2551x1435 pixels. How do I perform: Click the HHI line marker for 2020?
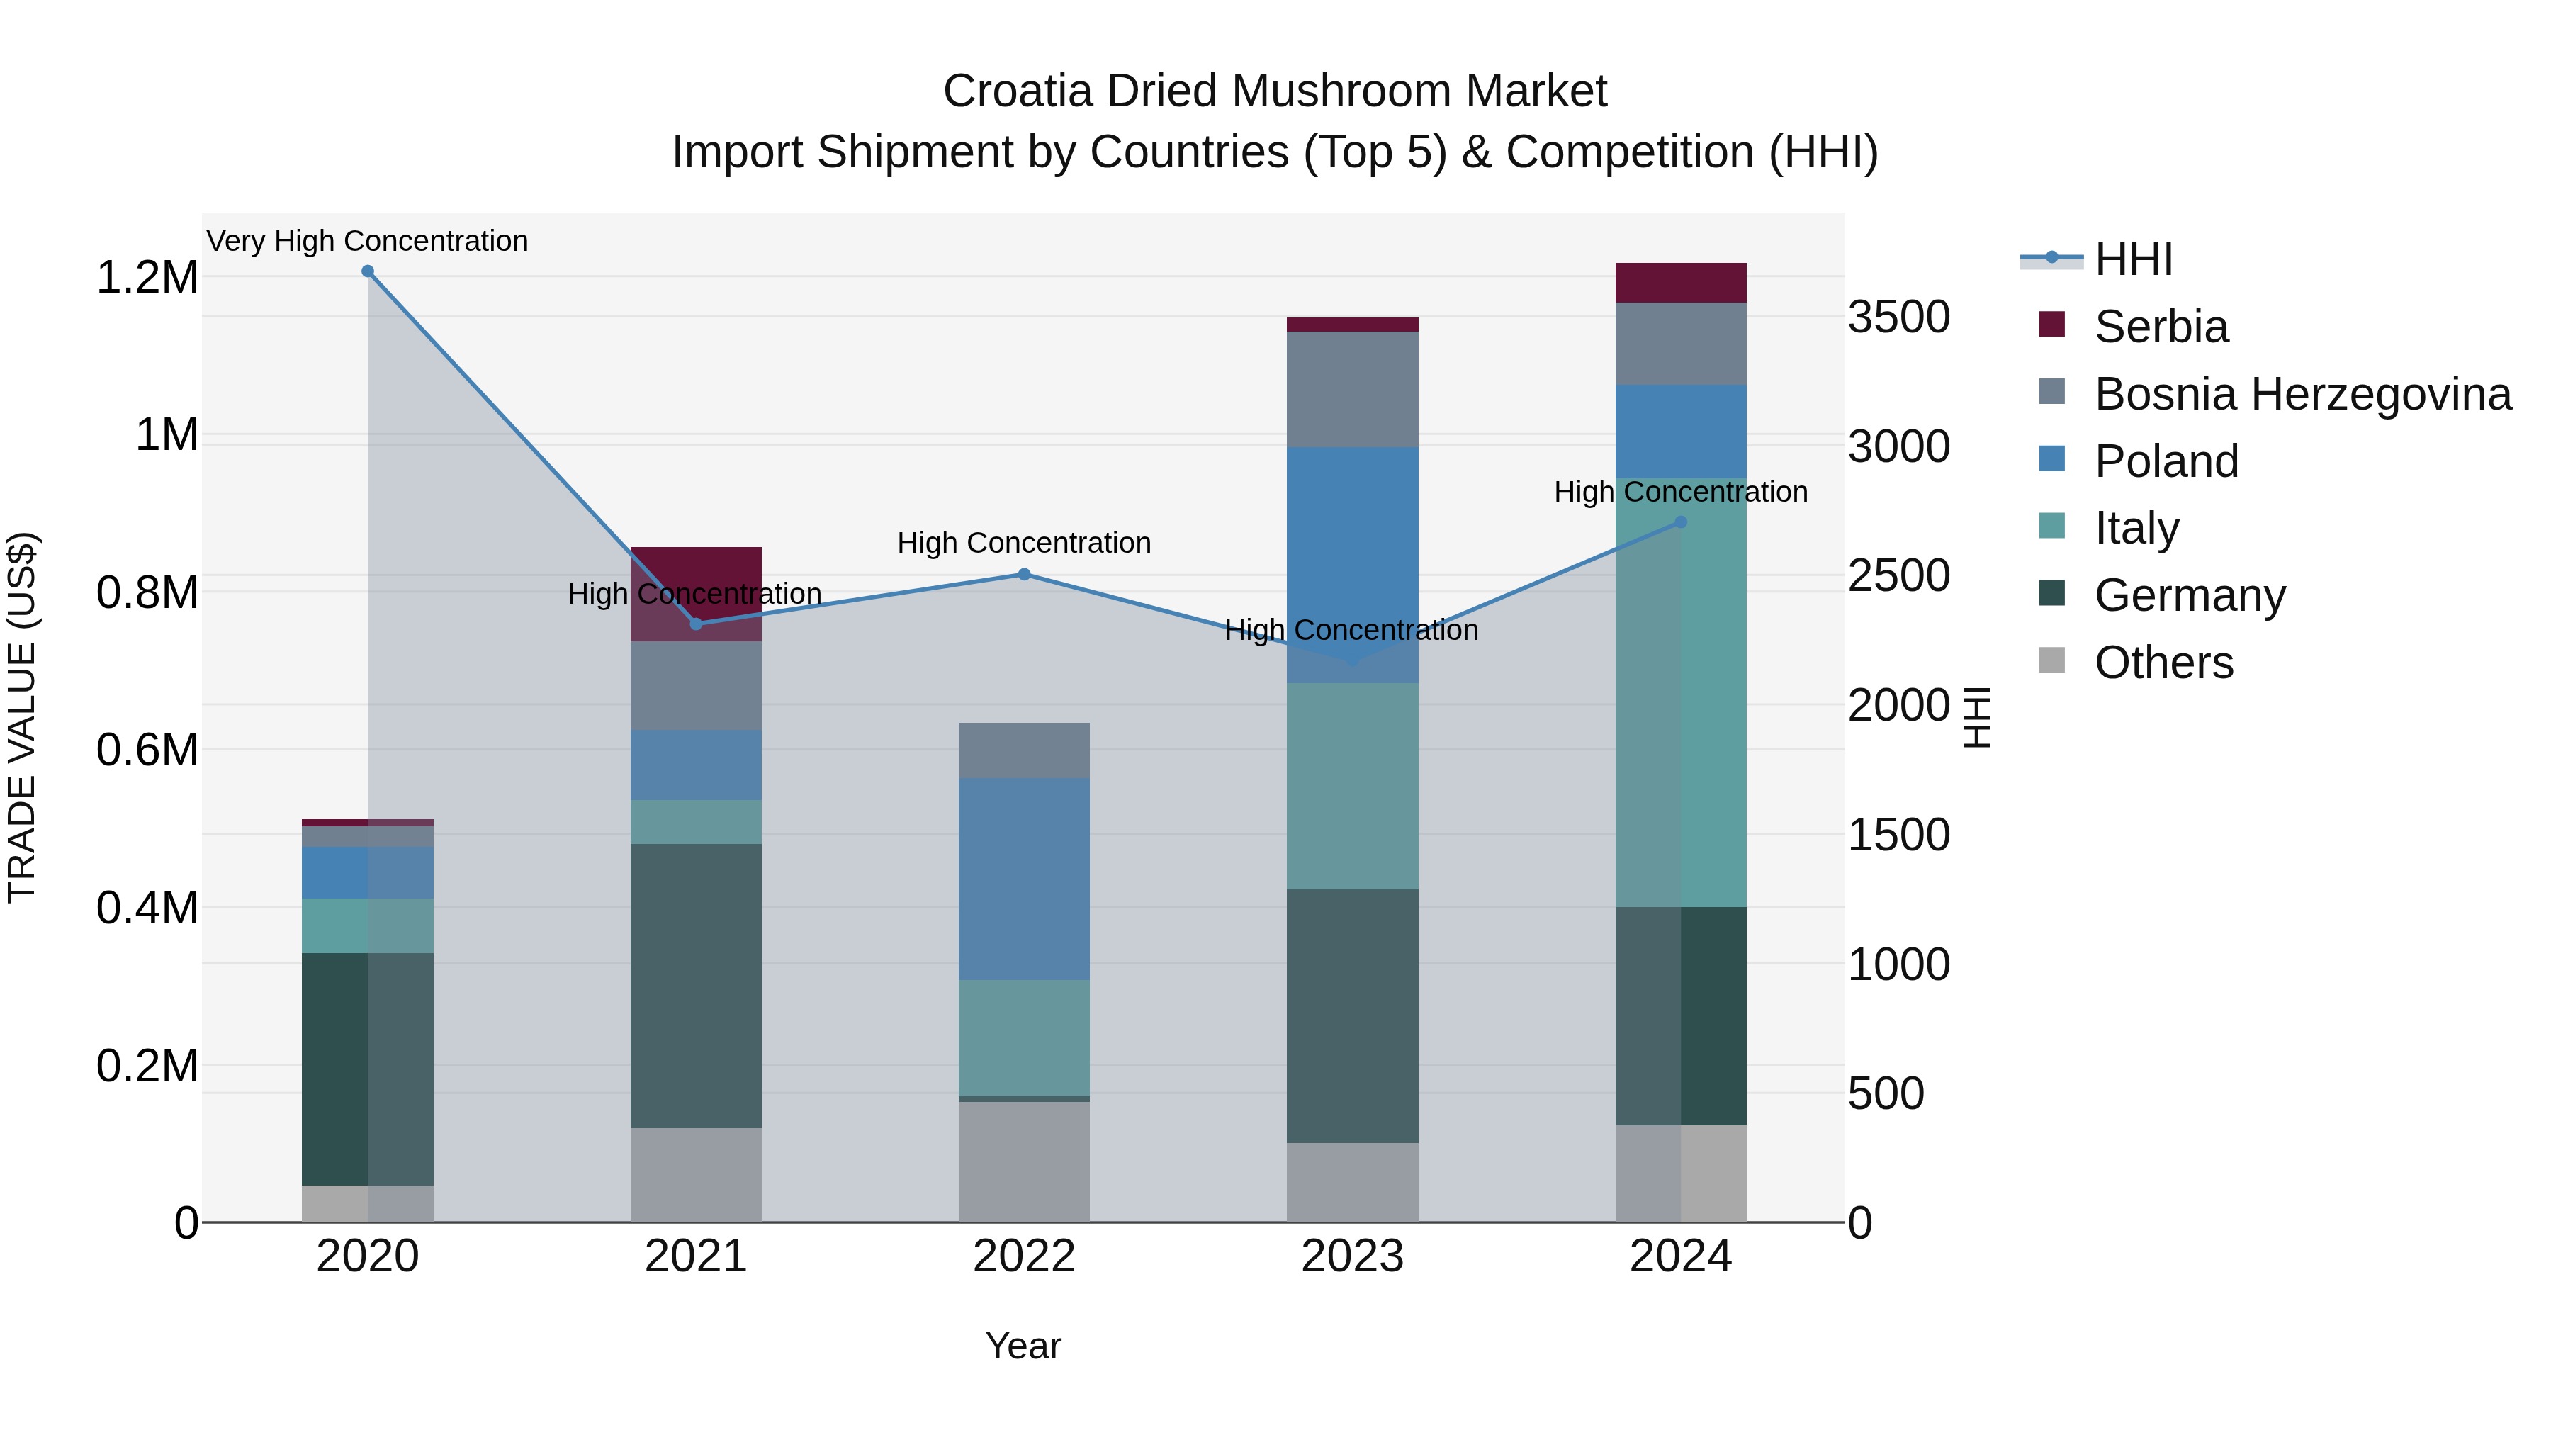(367, 271)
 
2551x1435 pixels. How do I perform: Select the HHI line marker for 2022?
(1024, 575)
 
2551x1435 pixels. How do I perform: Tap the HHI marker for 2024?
(1681, 522)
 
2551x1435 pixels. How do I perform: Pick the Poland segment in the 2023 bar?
(1352, 565)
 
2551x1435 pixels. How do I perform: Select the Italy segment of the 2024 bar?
(1681, 692)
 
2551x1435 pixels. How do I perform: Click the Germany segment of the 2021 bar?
(696, 986)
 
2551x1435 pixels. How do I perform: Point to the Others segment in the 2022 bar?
(1024, 1161)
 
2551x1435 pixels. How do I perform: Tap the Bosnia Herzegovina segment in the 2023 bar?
(1352, 389)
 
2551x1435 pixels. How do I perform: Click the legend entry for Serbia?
(2160, 327)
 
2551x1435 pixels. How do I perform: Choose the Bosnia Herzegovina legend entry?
(2302, 394)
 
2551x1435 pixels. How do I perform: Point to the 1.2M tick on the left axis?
(147, 277)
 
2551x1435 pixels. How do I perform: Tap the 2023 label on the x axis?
(1352, 1256)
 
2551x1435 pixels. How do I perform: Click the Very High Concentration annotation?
(367, 241)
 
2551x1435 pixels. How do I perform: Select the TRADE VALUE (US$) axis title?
(22, 717)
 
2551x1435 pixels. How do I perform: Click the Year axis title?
(1023, 1346)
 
